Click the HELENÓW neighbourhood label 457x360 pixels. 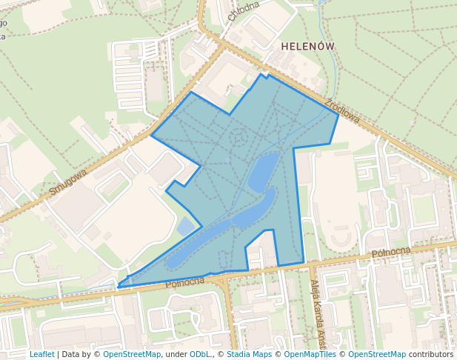tap(308, 46)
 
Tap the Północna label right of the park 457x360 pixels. tap(391, 253)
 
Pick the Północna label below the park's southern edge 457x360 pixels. tap(184, 281)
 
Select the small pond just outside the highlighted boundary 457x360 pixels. tap(185, 226)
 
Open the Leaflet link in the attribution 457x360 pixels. tap(41, 354)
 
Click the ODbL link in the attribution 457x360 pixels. tap(200, 354)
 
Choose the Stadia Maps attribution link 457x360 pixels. tap(249, 354)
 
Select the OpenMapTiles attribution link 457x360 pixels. tap(311, 354)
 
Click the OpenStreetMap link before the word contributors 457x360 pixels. tap(377, 354)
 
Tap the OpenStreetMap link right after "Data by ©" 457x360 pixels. tap(132, 354)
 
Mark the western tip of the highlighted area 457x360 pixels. tap(119, 285)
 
